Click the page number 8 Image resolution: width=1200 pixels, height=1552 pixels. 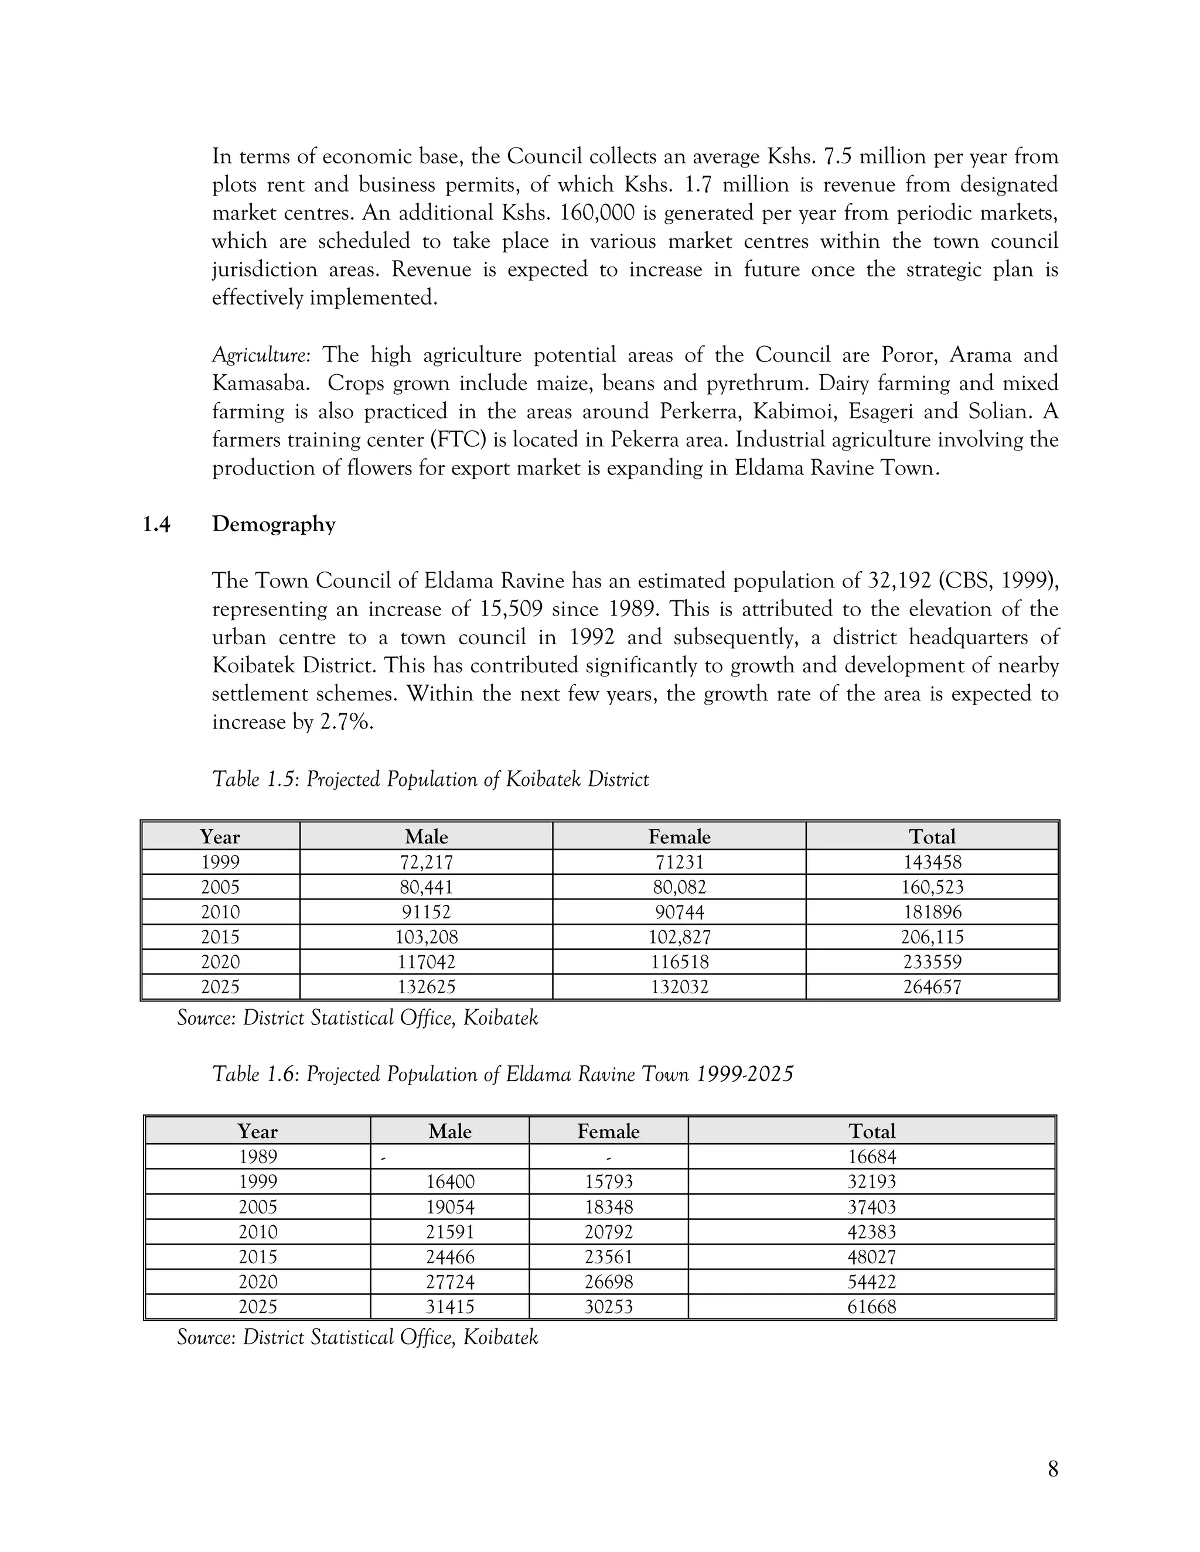pos(1053,1469)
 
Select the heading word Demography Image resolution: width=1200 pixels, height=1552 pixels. pos(274,524)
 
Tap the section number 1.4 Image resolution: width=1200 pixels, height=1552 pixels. pos(156,524)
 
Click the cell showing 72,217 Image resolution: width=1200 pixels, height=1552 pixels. pos(426,862)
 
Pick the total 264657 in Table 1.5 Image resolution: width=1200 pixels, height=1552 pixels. pos(932,987)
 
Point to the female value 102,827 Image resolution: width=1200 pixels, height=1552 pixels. pos(679,937)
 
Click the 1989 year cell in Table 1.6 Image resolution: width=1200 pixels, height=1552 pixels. pos(257,1157)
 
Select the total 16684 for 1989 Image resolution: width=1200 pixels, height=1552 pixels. pos(871,1157)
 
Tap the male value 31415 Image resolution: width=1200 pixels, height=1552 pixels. pos(450,1307)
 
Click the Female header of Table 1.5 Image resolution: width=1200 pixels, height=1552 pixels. pos(679,836)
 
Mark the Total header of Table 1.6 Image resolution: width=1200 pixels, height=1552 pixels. pos(871,1131)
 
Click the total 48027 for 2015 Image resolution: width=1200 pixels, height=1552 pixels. pos(871,1257)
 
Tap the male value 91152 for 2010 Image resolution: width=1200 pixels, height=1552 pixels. pos(426,912)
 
